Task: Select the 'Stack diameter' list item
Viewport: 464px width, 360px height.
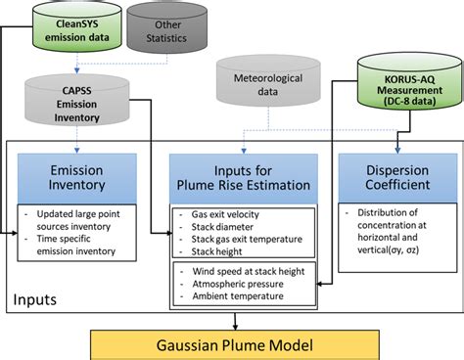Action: click(215, 225)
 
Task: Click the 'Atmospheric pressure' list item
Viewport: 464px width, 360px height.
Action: click(232, 283)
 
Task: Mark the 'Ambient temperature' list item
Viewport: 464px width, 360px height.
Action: click(232, 295)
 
